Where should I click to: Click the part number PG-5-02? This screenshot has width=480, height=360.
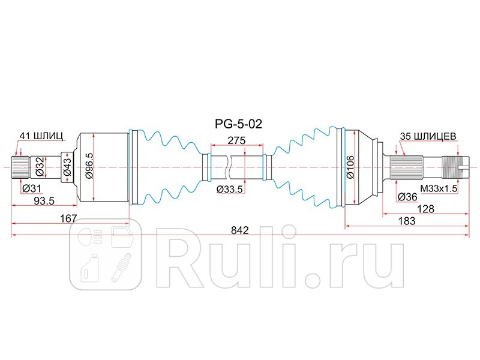coord(238,124)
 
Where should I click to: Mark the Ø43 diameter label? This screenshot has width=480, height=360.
coord(67,169)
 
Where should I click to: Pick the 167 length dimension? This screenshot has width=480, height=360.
coord(68,219)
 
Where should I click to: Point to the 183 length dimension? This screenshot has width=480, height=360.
coord(407,220)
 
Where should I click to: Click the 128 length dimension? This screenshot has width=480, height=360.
coord(427,208)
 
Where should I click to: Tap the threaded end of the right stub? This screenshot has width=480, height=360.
coord(454,166)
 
